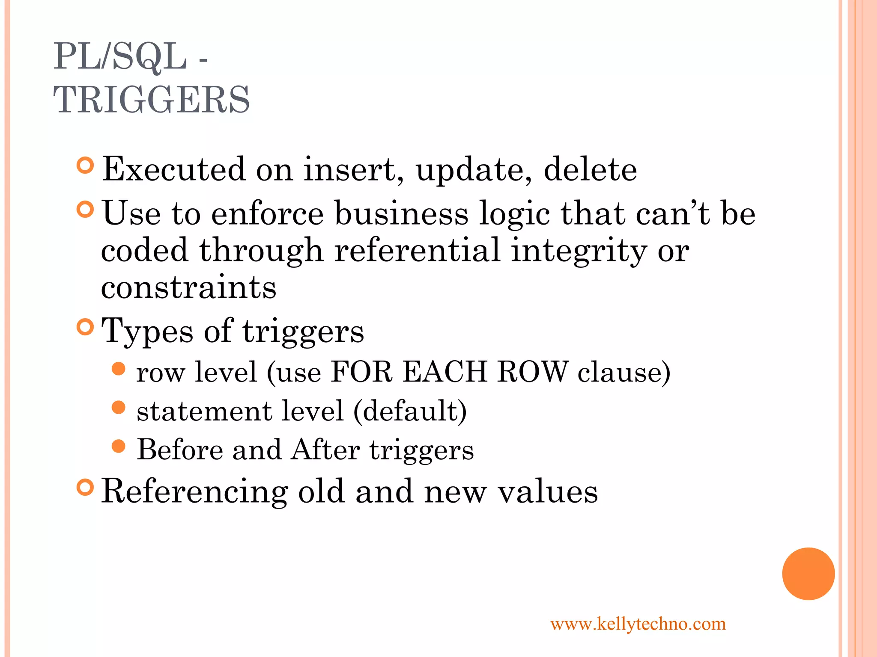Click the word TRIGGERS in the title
[x=151, y=99]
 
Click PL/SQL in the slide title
[x=120, y=56]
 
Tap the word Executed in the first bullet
[x=174, y=169]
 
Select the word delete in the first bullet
[x=590, y=169]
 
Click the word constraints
[x=188, y=287]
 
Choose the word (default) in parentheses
[x=410, y=411]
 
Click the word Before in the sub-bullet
[x=180, y=450]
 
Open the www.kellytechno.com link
[x=638, y=624]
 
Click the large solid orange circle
[x=808, y=574]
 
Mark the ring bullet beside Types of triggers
[x=85, y=327]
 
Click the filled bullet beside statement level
[x=118, y=407]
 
